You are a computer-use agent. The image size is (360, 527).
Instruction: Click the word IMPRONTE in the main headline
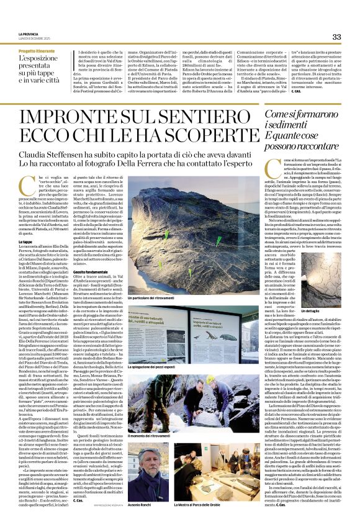point(84,117)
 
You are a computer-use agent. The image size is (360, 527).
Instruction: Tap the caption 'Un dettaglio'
point(311,310)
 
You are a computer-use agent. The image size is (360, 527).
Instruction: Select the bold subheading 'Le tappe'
point(25,241)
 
